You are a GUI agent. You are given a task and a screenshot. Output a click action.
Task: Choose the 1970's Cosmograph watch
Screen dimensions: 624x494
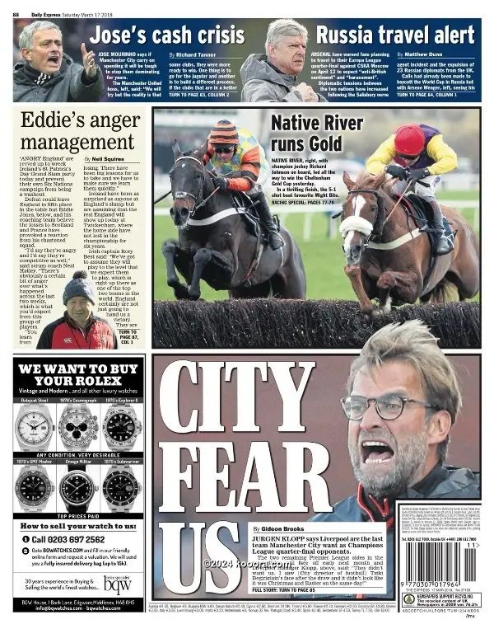pyautogui.click(x=78, y=428)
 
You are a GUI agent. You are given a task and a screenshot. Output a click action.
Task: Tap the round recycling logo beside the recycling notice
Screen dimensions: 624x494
pyautogui.click(x=408, y=599)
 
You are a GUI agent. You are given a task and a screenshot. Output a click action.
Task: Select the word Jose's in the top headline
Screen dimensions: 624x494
pyautogui.click(x=123, y=35)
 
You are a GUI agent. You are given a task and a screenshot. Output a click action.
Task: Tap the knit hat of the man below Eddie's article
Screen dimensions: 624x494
pyautogui.click(x=79, y=289)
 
